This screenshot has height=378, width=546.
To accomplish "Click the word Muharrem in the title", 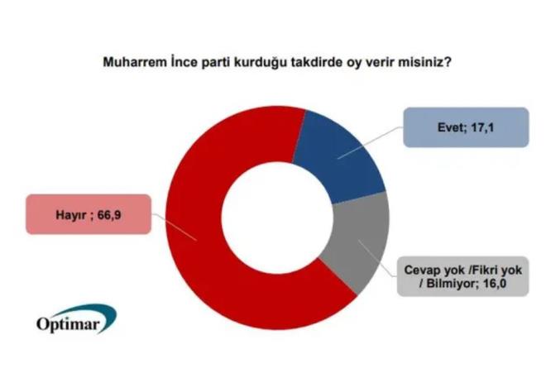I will coord(134,62).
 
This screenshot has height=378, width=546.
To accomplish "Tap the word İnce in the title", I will coord(184,62).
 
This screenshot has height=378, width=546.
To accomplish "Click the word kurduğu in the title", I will coord(264,62).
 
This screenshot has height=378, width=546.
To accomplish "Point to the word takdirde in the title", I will coord(324,62).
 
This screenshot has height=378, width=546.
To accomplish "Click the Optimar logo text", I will coord(72,323).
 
